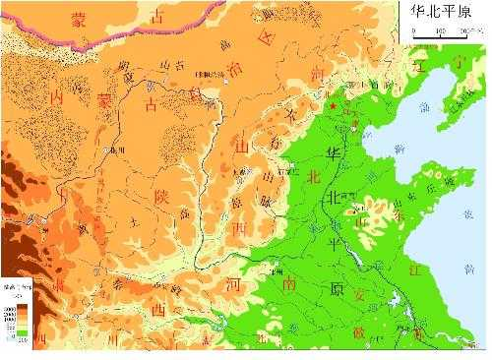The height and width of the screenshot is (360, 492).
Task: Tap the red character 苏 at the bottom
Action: pos(419,335)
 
